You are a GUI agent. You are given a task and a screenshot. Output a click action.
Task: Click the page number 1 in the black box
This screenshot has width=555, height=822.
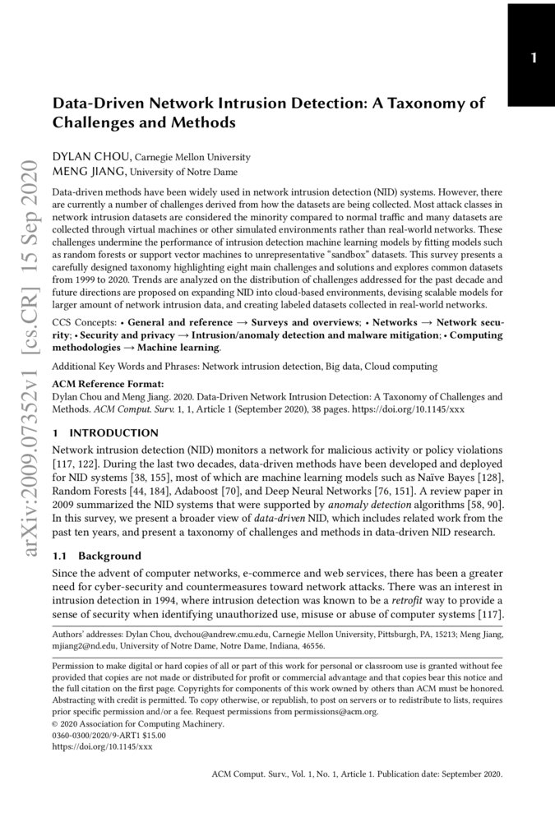tap(534, 58)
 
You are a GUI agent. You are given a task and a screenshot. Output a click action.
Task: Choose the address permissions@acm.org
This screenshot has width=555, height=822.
tap(342, 713)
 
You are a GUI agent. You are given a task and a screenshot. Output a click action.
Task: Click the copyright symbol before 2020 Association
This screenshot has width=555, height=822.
tap(56, 725)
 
